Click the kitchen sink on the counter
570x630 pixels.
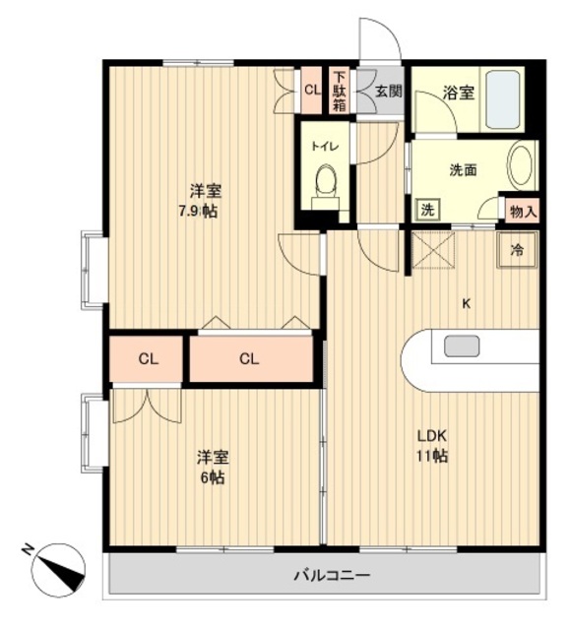[x=462, y=346]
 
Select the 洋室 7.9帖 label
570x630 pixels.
[x=205, y=201]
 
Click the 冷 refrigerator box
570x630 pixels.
[x=517, y=250]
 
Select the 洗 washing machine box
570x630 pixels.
[x=426, y=210]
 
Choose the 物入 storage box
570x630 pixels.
[x=522, y=210]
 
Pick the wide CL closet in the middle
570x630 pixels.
[x=248, y=359]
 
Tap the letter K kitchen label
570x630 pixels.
[x=467, y=303]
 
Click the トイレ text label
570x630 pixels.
[x=324, y=146]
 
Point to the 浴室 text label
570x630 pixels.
[x=459, y=94]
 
